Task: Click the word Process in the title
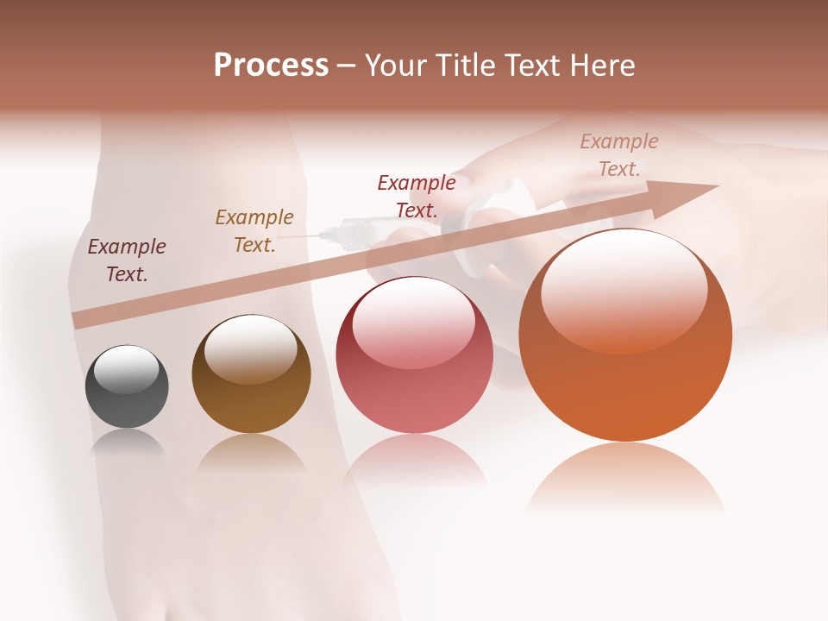tap(271, 66)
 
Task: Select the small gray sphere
tap(127, 386)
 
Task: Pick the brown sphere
tap(251, 373)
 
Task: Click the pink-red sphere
tap(414, 355)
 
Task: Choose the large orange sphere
tap(625, 335)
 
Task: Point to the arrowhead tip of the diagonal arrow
tap(718, 185)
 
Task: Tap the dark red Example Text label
tap(416, 197)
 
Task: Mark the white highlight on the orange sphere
tap(624, 289)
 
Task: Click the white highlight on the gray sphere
tap(126, 369)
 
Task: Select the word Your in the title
tap(398, 66)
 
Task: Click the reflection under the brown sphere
tap(251, 453)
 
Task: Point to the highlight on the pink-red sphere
tap(413, 321)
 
